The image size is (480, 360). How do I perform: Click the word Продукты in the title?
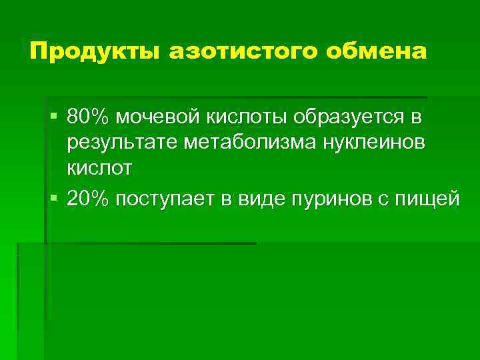point(93,51)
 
